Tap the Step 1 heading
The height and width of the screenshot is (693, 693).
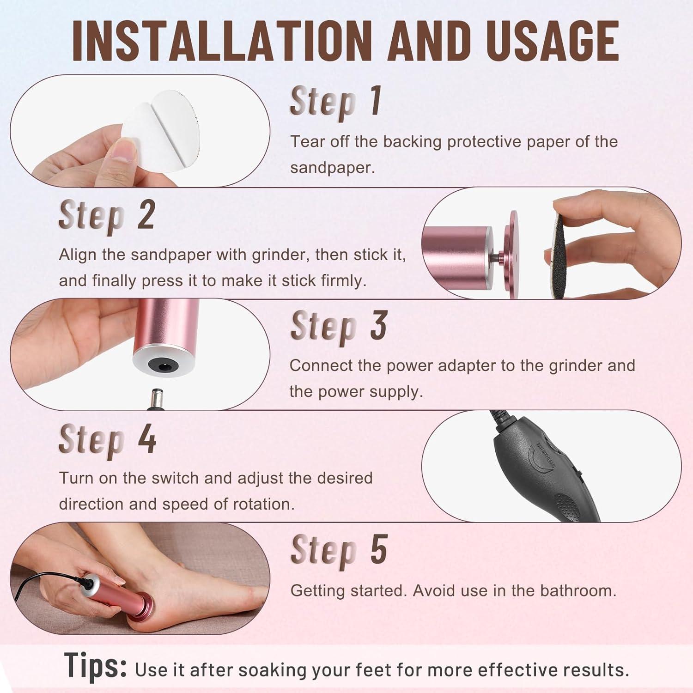(335, 102)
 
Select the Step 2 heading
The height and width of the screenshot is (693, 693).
(106, 215)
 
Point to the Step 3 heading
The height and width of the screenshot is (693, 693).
(338, 326)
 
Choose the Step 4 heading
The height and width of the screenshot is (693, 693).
(107, 439)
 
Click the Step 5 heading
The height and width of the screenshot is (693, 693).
(338, 550)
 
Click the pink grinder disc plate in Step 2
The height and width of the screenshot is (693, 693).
(513, 254)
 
